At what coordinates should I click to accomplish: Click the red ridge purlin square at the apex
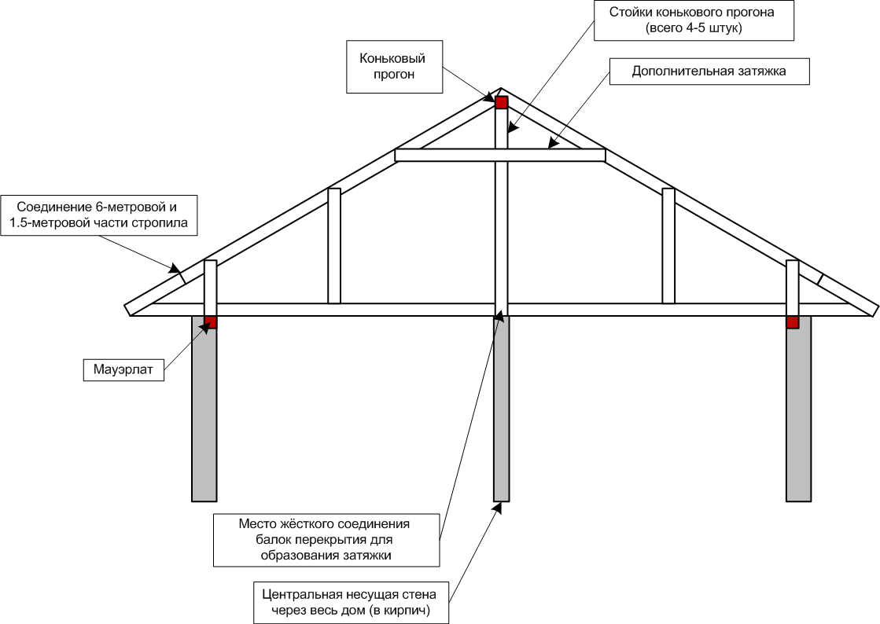coord(502,101)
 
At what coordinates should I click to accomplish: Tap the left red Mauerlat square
coord(210,322)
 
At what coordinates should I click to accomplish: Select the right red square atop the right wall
coord(793,322)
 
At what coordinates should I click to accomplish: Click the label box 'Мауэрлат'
coord(123,369)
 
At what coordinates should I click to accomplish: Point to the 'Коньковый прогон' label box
coord(392,67)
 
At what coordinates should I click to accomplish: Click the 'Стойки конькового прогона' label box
coord(694,20)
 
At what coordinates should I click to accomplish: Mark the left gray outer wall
coord(204,409)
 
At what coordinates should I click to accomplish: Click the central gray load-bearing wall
coord(502,409)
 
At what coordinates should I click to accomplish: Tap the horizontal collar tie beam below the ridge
coord(440,156)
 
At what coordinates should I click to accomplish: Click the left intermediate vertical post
coord(334,245)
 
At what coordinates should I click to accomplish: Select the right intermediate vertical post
coord(668,245)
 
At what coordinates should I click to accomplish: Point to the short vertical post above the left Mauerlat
coord(210,288)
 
